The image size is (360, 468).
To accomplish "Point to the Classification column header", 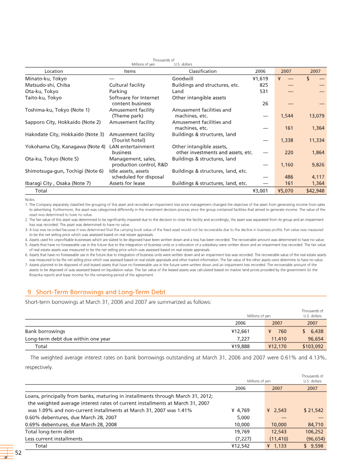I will pyautogui.click(x=202, y=71).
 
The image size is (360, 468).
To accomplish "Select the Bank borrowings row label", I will pyautogui.click(x=45, y=331).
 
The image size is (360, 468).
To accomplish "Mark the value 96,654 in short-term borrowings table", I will pyautogui.click(x=314, y=339).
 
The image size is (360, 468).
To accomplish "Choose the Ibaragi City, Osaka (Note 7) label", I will pyautogui.click(x=58, y=183).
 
